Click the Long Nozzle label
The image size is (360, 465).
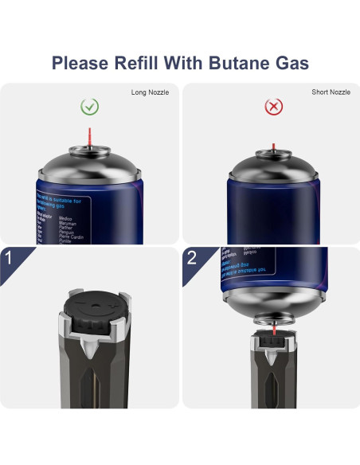click(151, 92)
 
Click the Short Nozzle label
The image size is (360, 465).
click(331, 92)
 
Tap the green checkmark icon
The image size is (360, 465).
click(90, 106)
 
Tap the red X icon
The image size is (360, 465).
click(273, 106)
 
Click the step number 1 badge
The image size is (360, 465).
click(12, 259)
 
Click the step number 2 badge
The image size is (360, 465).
click(192, 259)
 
